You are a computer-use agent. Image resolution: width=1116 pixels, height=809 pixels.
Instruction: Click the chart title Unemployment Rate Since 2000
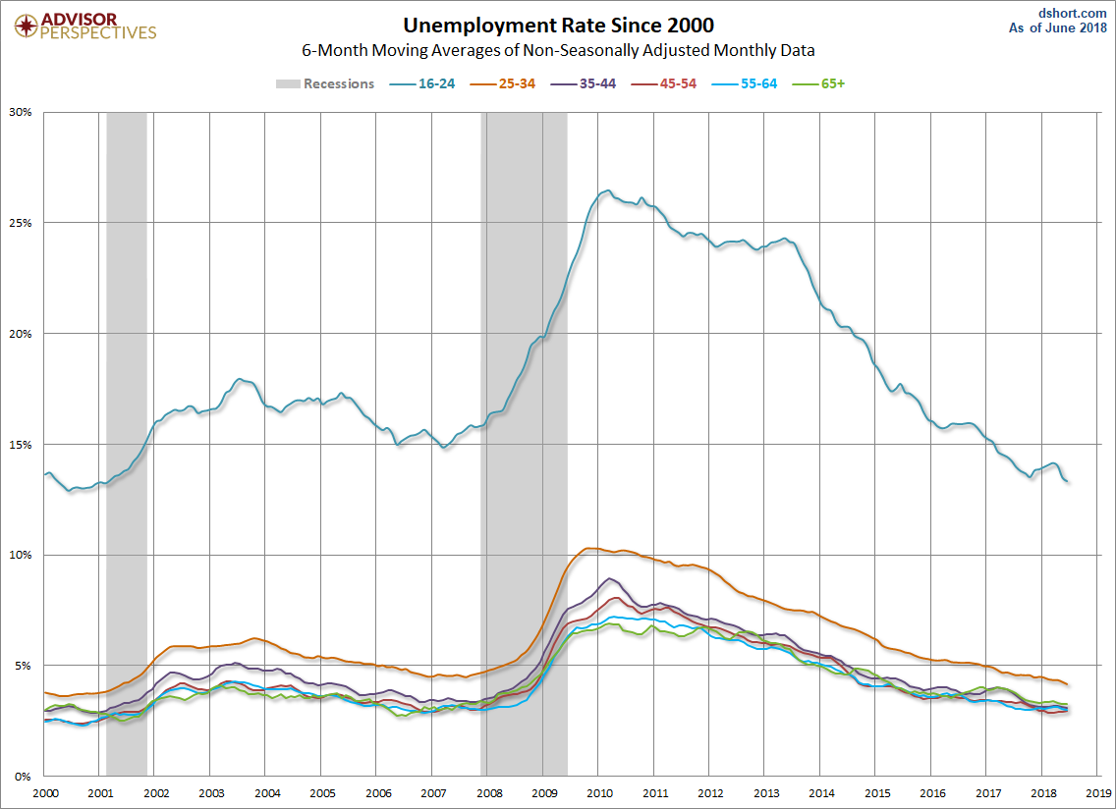[x=558, y=25]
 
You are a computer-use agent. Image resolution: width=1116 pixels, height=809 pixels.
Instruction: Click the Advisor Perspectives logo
[x=85, y=27]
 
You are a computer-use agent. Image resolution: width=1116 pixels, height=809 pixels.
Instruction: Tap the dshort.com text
[x=1073, y=14]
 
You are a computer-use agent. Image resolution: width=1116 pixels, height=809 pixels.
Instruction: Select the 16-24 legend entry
[x=422, y=83]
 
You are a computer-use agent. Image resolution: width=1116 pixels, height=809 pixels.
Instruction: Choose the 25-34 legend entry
[x=502, y=83]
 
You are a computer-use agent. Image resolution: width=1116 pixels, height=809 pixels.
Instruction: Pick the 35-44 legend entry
[x=583, y=83]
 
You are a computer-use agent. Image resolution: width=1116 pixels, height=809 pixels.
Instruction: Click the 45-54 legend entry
[x=663, y=83]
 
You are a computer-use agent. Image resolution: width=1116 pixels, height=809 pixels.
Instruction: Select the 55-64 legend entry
[x=745, y=83]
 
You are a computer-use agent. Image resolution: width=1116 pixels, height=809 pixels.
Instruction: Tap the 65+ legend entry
[x=818, y=83]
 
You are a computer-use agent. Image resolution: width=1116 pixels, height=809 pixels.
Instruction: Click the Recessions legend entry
[x=325, y=83]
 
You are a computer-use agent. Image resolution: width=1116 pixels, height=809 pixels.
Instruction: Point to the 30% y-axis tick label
[x=21, y=112]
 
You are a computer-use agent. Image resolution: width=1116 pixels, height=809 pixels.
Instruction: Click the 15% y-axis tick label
[x=21, y=445]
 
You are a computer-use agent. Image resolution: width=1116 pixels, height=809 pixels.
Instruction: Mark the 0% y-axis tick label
[x=24, y=777]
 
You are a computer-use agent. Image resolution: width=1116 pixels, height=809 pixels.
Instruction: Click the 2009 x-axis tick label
[x=544, y=793]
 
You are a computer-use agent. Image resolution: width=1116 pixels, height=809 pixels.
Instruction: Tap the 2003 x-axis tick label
[x=211, y=793]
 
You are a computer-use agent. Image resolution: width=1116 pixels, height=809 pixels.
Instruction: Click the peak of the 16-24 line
[x=607, y=190]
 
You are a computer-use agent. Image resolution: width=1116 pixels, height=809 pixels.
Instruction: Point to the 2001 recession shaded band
[x=127, y=444]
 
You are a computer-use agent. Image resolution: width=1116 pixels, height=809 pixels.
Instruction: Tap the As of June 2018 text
[x=1058, y=28]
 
